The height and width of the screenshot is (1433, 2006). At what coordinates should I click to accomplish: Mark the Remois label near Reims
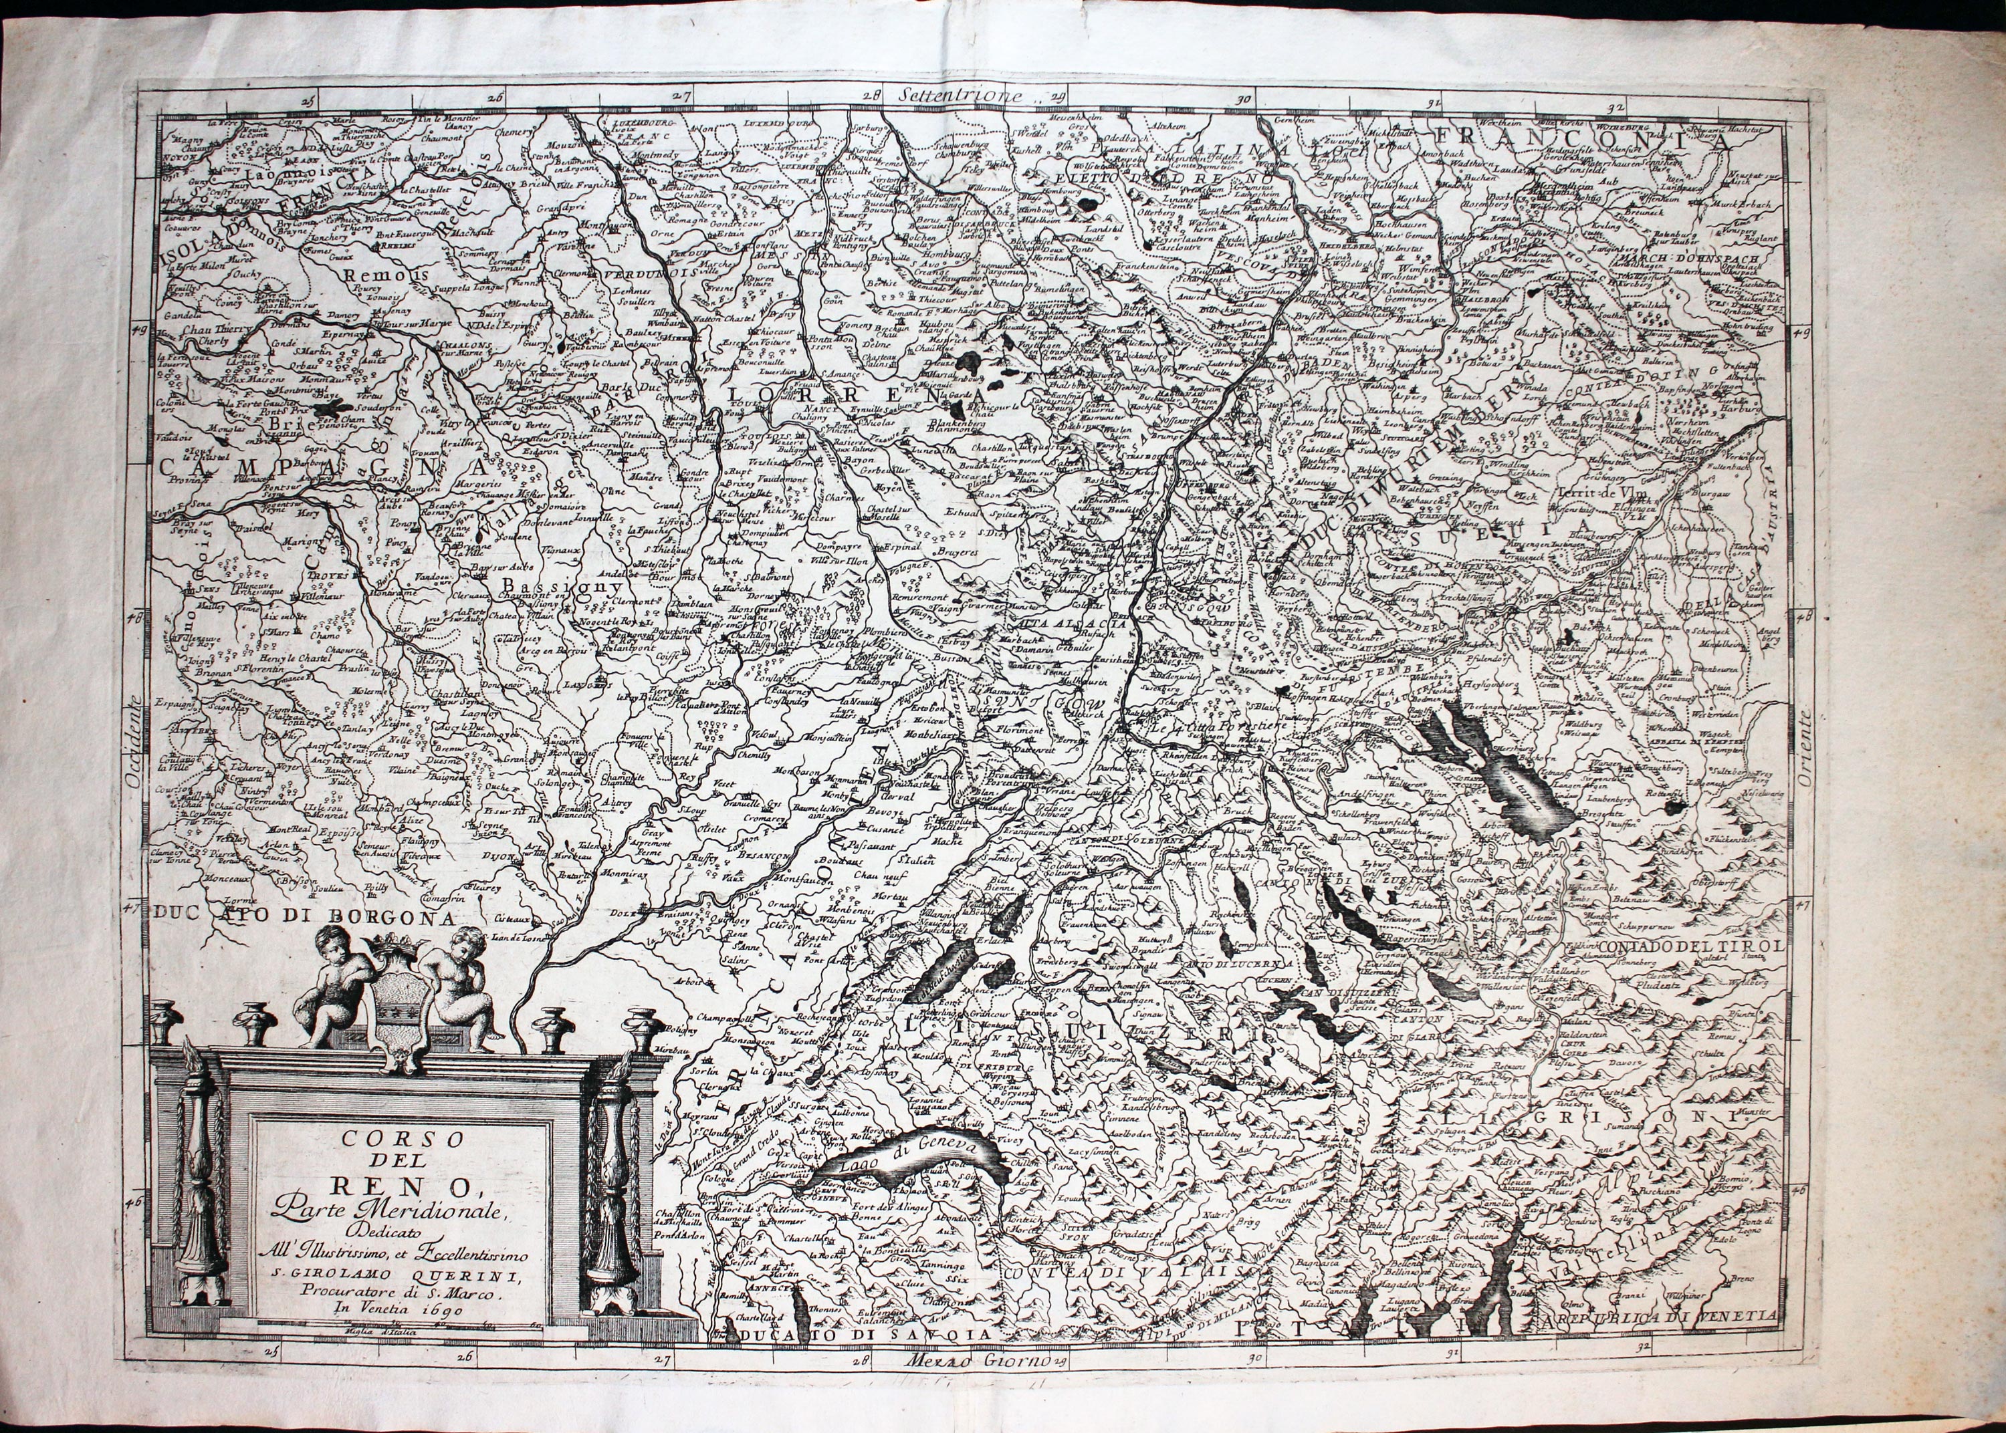coord(380,275)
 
